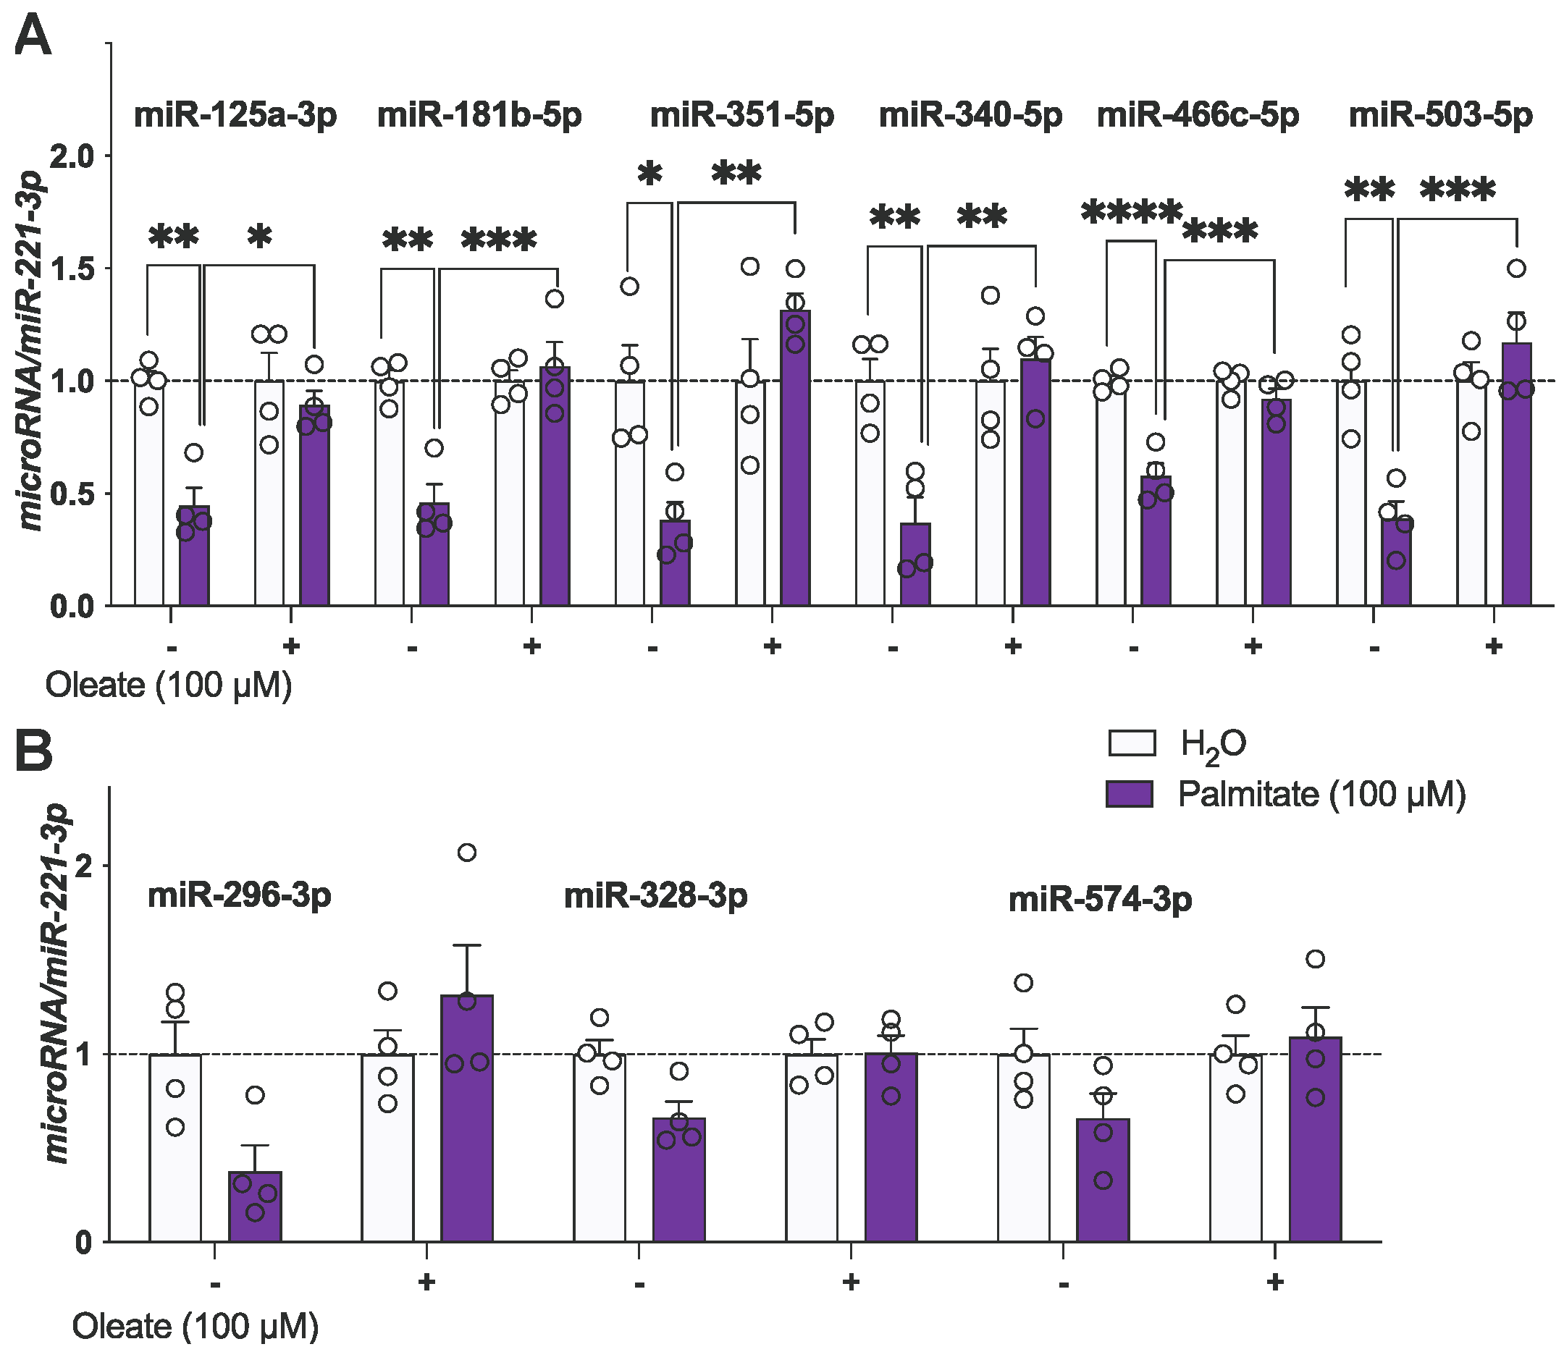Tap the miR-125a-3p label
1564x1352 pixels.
[x=235, y=117]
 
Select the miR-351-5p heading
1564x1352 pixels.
[x=742, y=117]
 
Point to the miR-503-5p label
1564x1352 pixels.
[x=1440, y=117]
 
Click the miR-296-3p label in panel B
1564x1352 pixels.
[x=239, y=896]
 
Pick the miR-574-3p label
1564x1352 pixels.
[x=1100, y=900]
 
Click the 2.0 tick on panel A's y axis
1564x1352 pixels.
[x=71, y=156]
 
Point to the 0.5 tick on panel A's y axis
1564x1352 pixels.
[x=71, y=494]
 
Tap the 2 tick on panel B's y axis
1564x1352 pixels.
[x=83, y=866]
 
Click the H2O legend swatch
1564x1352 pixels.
[x=1132, y=743]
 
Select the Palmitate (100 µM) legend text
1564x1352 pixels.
[x=1321, y=795]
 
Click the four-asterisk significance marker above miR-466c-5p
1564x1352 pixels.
[x=1131, y=214]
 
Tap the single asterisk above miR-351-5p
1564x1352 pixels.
[x=649, y=176]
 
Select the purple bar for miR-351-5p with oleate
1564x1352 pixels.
[x=795, y=460]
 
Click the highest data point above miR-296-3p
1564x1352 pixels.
[x=466, y=853]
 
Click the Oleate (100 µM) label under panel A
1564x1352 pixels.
[x=168, y=687]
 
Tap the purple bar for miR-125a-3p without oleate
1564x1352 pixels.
[x=194, y=558]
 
